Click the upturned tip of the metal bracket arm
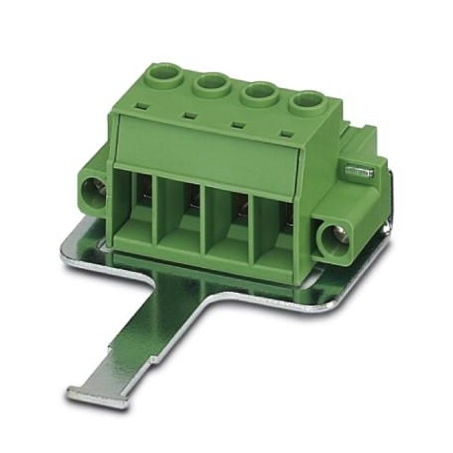pyautogui.click(x=94, y=393)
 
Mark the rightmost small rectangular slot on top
pyautogui.click(x=286, y=133)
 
